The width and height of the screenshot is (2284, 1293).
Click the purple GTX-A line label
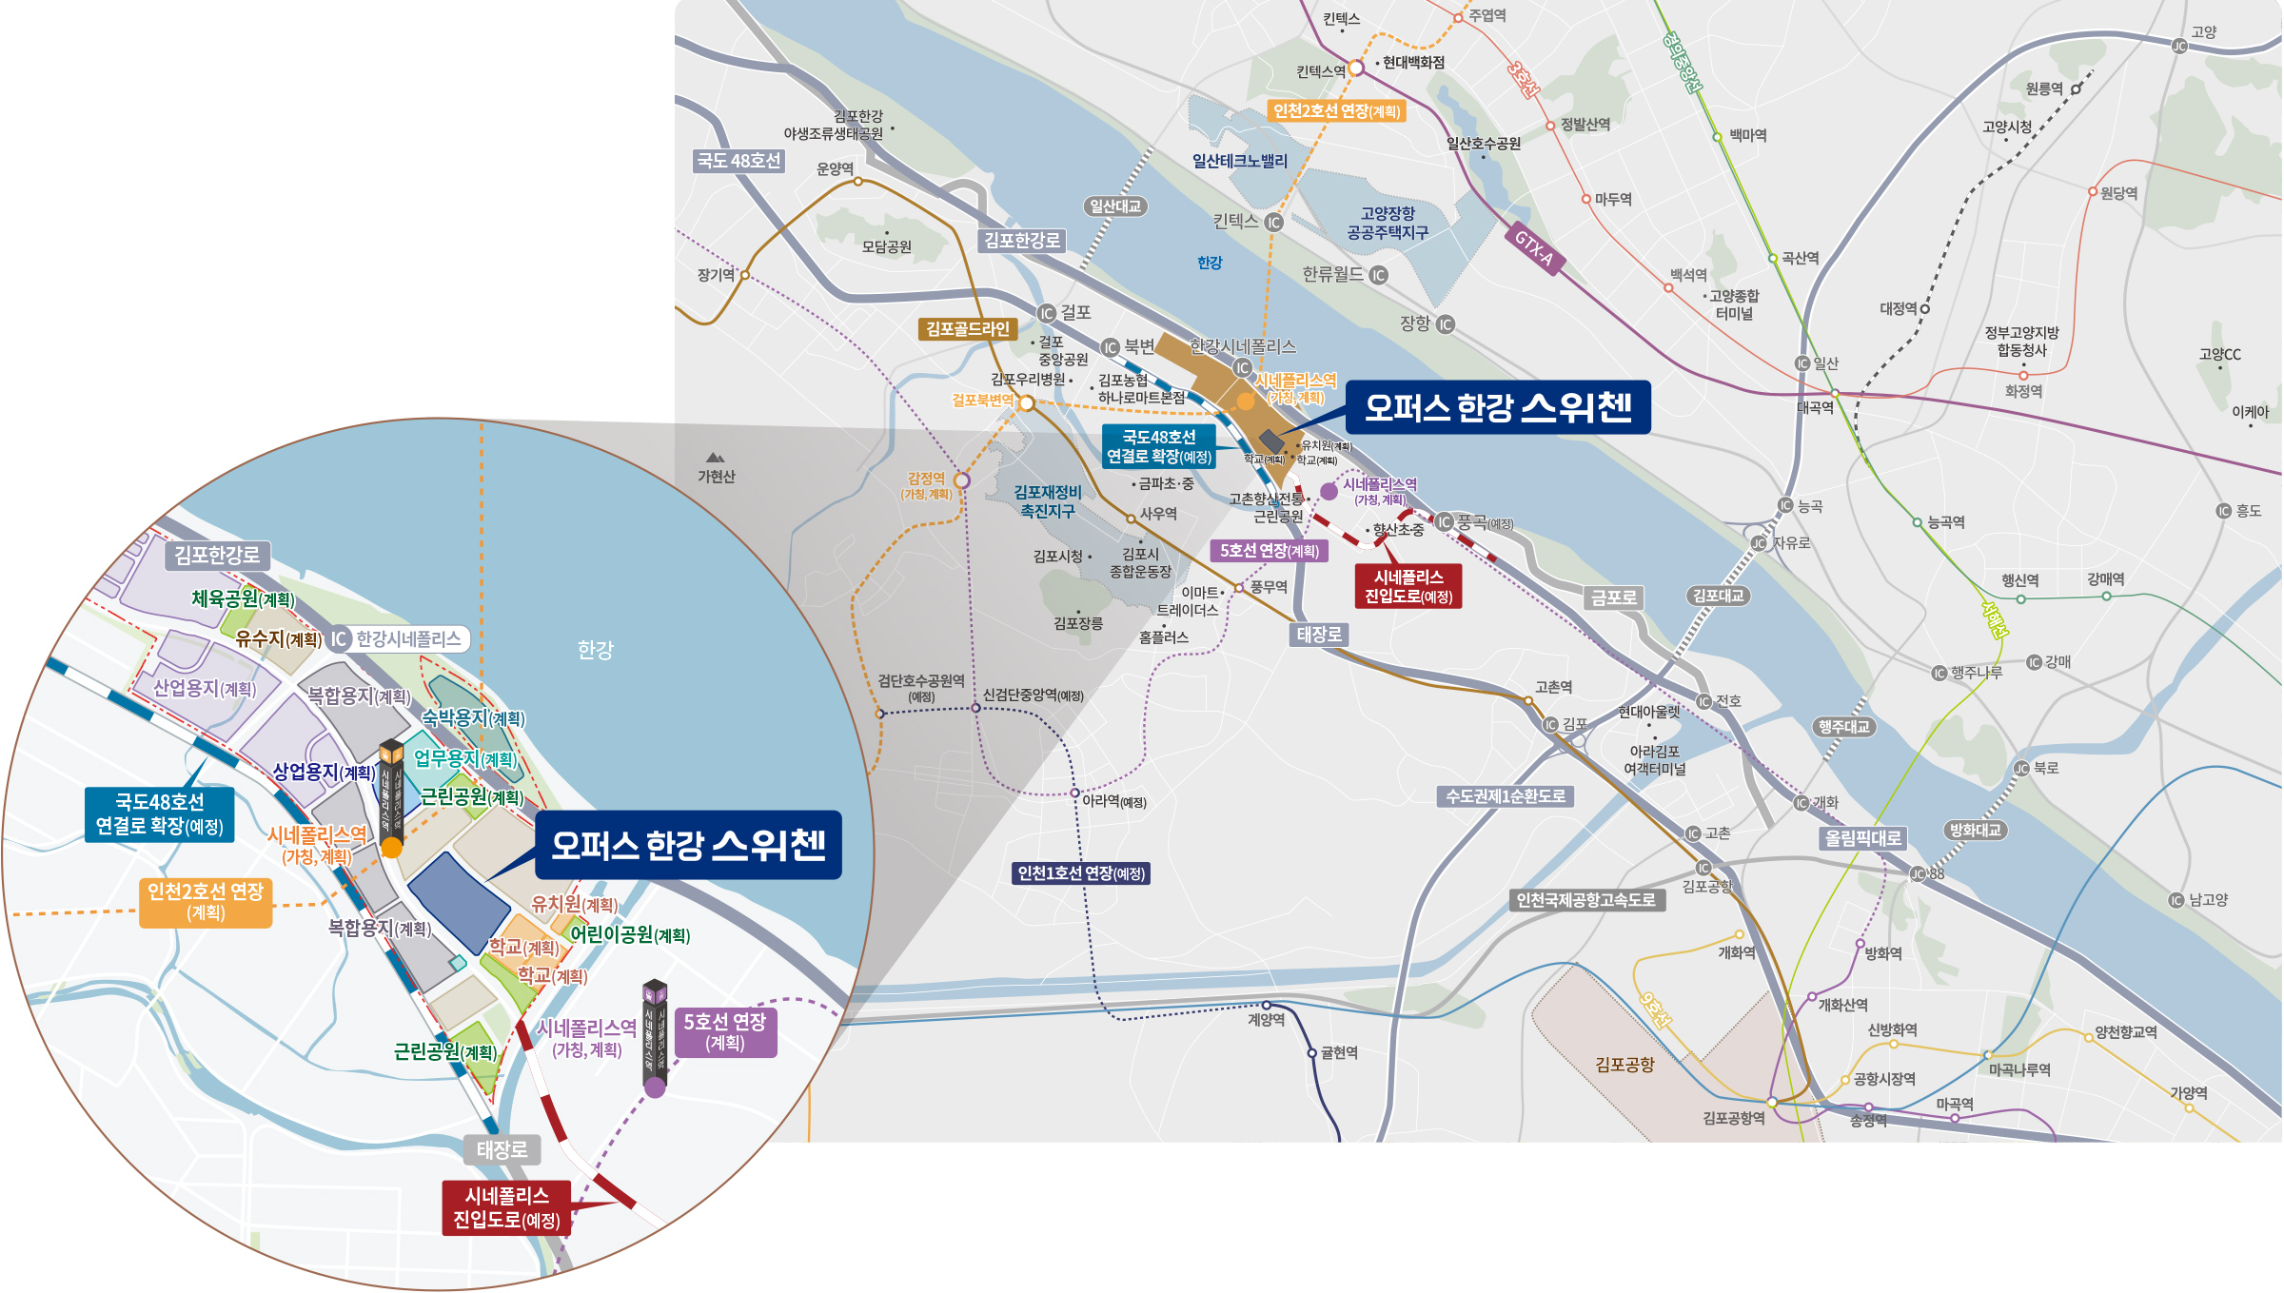pyautogui.click(x=1534, y=248)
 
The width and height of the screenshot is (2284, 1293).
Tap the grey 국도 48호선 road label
pyautogui.click(x=738, y=161)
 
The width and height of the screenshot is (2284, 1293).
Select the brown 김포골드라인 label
pyautogui.click(x=967, y=329)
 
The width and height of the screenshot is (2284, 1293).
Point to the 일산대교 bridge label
pyautogui.click(x=1115, y=206)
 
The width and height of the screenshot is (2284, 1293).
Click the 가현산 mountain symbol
pyautogui.click(x=716, y=458)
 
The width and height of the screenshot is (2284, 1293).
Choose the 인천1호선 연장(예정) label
pyautogui.click(x=1081, y=873)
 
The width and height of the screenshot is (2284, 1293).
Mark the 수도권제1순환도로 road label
pyautogui.click(x=1505, y=796)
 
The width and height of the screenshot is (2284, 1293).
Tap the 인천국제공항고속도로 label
pyautogui.click(x=1585, y=900)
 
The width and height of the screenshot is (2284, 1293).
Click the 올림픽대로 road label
pyautogui.click(x=1862, y=838)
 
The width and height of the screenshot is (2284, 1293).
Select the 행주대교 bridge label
pyautogui.click(x=1843, y=727)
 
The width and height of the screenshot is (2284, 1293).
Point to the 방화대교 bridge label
pyautogui.click(x=1975, y=830)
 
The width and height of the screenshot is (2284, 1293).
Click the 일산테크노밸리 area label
pyautogui.click(x=1239, y=161)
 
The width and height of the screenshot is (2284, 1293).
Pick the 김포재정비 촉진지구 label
pyautogui.click(x=1047, y=501)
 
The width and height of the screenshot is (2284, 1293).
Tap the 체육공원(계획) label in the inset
pyautogui.click(x=243, y=598)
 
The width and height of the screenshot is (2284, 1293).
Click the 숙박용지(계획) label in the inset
pyautogui.click(x=473, y=717)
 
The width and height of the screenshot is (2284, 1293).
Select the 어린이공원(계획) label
pyautogui.click(x=629, y=934)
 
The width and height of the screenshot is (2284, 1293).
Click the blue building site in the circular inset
pyautogui.click(x=459, y=899)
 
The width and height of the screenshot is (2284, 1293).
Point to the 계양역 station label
pyautogui.click(x=1266, y=1020)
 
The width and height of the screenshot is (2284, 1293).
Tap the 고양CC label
pyautogui.click(x=2219, y=354)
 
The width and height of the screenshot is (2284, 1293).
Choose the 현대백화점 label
pyautogui.click(x=1413, y=63)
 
